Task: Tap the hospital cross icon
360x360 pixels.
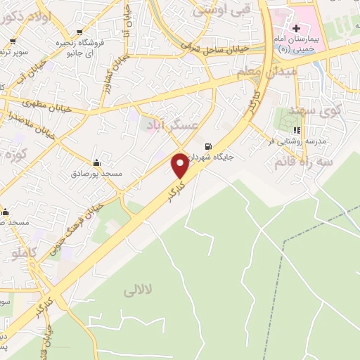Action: tap(297, 27)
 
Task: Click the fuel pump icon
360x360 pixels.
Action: tap(207, 147)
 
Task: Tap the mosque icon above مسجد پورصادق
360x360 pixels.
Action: tap(96, 162)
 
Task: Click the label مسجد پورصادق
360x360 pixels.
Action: tap(101, 173)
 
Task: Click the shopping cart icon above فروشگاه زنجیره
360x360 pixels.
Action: tap(77, 32)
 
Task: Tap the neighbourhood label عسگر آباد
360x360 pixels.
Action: tap(172, 125)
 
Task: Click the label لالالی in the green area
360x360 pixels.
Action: tap(137, 289)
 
